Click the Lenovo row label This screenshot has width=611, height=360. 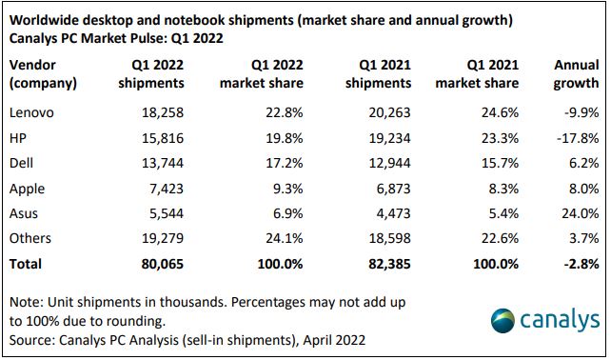click(x=32, y=112)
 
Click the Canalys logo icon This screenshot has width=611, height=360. click(x=503, y=322)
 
